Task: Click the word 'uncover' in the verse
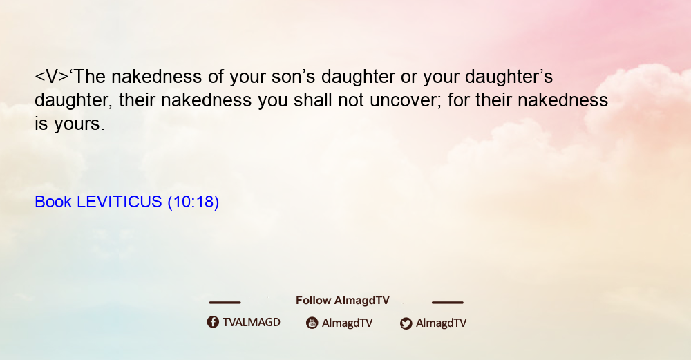tap(406, 100)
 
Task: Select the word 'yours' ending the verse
tap(79, 124)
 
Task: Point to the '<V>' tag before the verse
tap(52, 77)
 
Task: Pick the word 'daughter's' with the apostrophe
tap(509, 77)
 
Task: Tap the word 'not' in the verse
tap(351, 101)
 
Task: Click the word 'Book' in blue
tap(53, 202)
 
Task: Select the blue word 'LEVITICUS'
tap(120, 202)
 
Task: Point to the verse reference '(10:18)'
tap(193, 202)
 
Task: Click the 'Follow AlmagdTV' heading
tap(343, 301)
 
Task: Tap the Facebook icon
tap(213, 322)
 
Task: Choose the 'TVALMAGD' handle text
tap(252, 323)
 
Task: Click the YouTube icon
tap(312, 323)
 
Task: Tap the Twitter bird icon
tap(406, 323)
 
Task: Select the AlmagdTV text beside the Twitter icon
tap(441, 323)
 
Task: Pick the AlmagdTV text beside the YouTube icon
tap(348, 323)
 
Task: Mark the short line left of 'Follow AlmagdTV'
tap(225, 303)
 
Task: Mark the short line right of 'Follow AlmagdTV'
tap(448, 303)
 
